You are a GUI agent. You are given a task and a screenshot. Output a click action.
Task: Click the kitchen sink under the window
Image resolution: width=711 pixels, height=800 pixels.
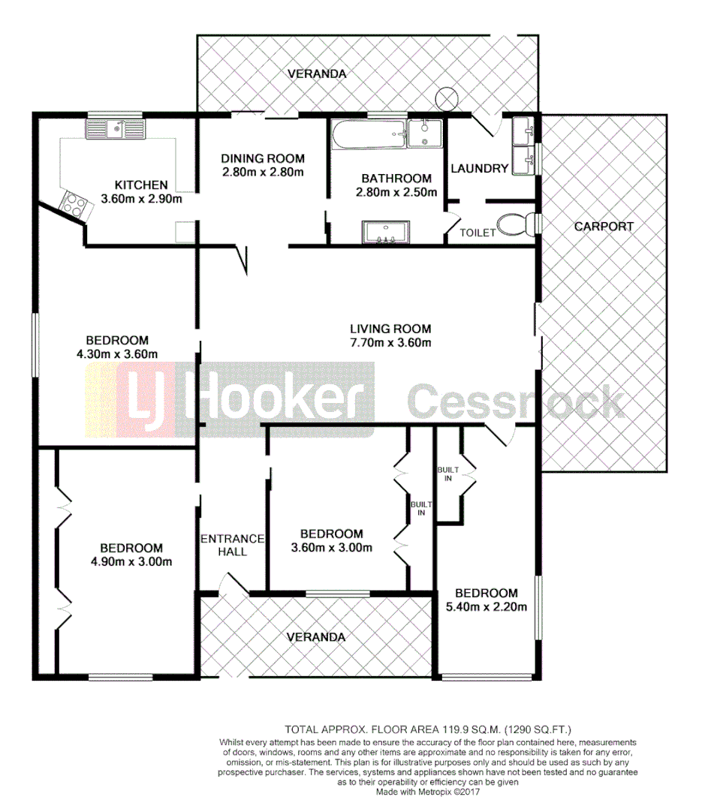coord(125,131)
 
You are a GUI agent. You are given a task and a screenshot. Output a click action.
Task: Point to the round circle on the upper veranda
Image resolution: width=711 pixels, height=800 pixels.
coord(447,98)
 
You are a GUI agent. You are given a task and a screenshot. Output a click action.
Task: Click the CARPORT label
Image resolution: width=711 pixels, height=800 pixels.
coord(604,226)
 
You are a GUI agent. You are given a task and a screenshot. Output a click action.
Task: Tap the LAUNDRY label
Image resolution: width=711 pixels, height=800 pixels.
coord(479,168)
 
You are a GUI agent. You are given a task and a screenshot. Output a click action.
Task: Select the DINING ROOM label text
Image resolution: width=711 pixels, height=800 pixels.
coord(263,158)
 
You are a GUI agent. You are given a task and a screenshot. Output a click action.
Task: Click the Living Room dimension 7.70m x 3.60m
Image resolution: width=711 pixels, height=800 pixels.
coord(390,343)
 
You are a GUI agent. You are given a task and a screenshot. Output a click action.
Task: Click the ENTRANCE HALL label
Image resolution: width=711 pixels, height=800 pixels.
coord(232,545)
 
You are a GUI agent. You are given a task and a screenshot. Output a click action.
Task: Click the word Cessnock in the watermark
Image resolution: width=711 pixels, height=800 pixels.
coord(516,402)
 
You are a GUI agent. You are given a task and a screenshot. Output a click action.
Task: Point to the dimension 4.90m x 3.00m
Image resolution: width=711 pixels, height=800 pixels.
coord(131,562)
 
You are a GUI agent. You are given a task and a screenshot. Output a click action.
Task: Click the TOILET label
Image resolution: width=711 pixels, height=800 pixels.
coord(478,233)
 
